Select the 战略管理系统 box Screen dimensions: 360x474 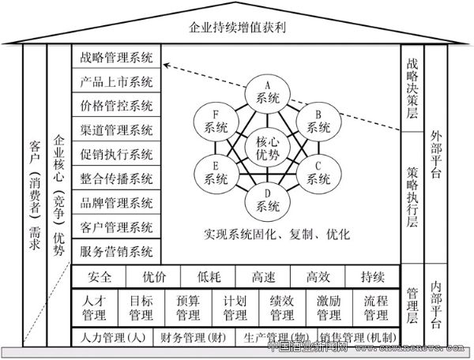pyautogui.click(x=117, y=58)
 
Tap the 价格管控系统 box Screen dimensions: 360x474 pyautogui.click(x=117, y=106)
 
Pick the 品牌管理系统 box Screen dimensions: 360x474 pyautogui.click(x=117, y=203)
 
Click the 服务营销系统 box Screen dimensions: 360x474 pyautogui.click(x=117, y=252)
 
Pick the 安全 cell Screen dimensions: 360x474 pyautogui.click(x=100, y=277)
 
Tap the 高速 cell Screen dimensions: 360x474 pyautogui.click(x=263, y=277)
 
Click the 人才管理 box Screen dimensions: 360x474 pyautogui.click(x=94, y=307)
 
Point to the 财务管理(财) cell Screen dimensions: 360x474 pyautogui.click(x=192, y=337)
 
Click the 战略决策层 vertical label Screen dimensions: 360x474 pyautogui.click(x=412, y=87)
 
